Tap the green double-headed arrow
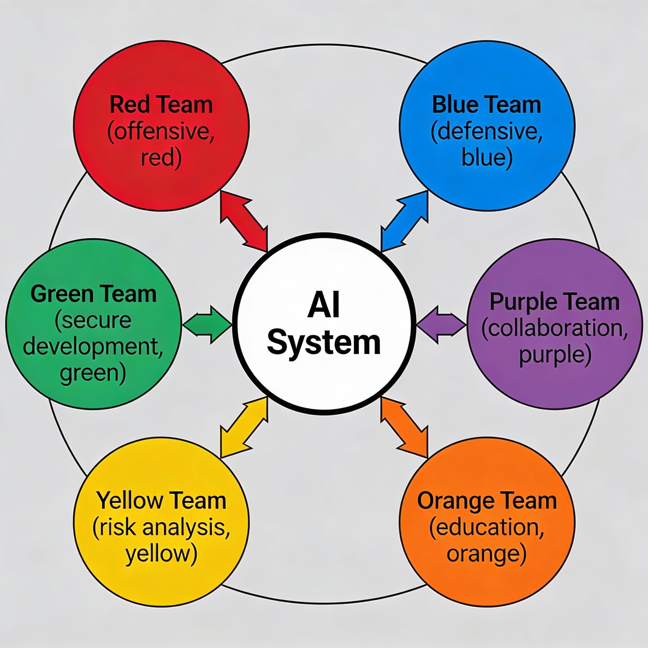point(207,324)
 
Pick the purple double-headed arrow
point(441,324)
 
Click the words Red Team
point(161,105)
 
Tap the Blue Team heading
point(486,105)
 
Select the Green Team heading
point(94,294)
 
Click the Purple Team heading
point(554,302)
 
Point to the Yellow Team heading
point(161,501)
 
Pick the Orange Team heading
point(487,501)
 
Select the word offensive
point(161,132)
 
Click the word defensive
point(486,132)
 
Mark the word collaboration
point(554,328)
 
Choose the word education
point(487,527)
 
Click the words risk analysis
point(161,527)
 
